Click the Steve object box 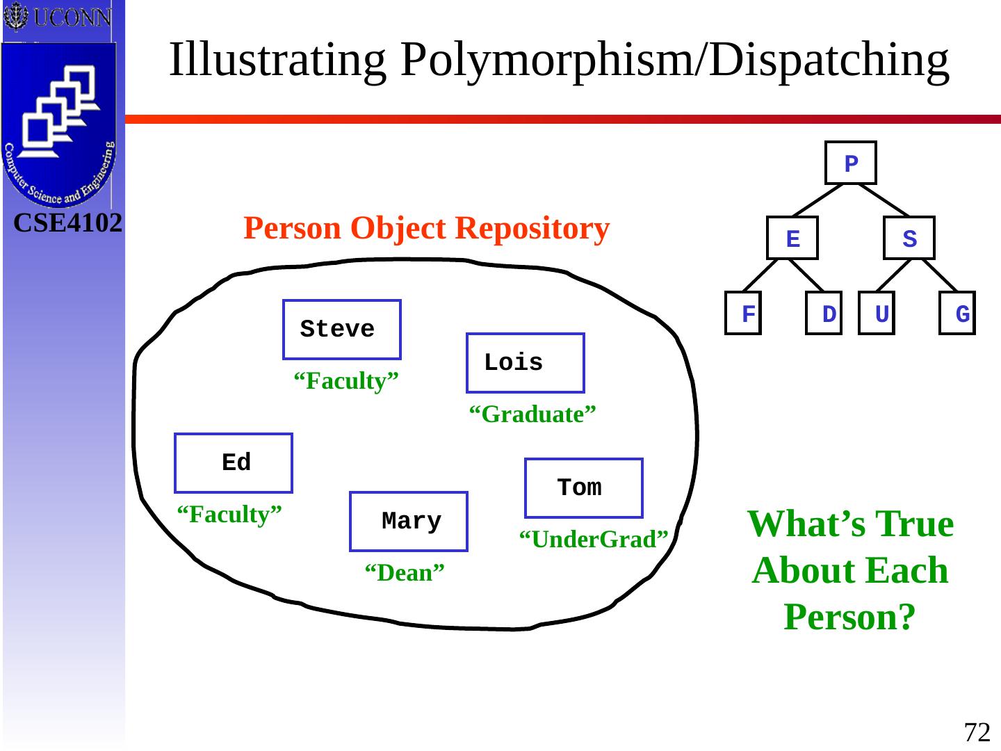(x=342, y=330)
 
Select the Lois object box (x=525, y=363)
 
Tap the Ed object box (x=234, y=463)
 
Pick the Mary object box (x=409, y=522)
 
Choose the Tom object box (x=584, y=488)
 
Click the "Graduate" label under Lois (x=532, y=414)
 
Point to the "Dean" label (x=405, y=573)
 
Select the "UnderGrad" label (x=594, y=539)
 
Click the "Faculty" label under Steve (x=346, y=381)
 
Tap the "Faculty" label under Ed (x=229, y=515)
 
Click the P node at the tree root (x=851, y=163)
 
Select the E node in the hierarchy (x=792, y=239)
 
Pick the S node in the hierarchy (x=909, y=239)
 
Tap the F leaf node (x=743, y=314)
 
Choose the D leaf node (x=824, y=314)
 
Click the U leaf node (x=877, y=314)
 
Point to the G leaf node (x=957, y=314)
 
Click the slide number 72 (x=977, y=732)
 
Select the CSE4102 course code (x=68, y=223)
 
